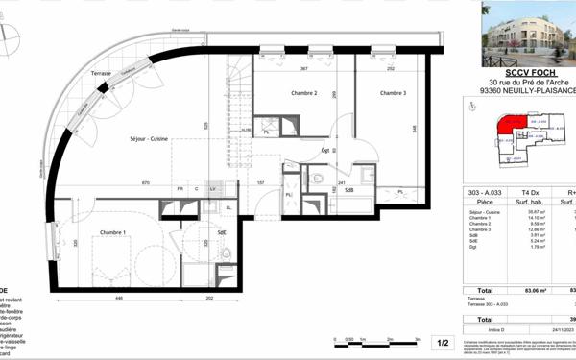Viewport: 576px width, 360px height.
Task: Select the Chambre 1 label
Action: [x=113, y=232]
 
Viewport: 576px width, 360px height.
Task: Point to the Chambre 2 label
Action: [x=303, y=93]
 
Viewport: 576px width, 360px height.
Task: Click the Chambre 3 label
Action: [x=393, y=93]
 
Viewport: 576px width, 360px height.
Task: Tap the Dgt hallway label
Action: [x=325, y=151]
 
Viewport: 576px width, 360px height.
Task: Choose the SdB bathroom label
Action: [x=350, y=190]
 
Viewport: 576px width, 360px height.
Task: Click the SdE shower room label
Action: [x=222, y=232]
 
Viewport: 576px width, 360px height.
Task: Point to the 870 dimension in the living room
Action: [x=146, y=182]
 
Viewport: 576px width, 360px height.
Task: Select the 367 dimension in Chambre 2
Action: [x=303, y=69]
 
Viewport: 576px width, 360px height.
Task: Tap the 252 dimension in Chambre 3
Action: [x=392, y=69]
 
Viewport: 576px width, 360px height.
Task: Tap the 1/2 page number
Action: [x=444, y=342]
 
